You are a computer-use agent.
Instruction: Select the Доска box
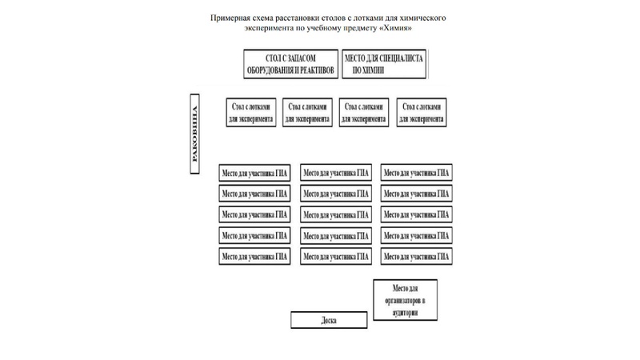[329, 320]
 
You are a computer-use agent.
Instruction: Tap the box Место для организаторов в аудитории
[406, 301]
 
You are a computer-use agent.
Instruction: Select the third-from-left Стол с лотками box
[364, 112]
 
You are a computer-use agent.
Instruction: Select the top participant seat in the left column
[254, 172]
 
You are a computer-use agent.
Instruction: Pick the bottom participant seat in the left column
[254, 256]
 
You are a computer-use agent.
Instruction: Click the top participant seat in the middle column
[336, 172]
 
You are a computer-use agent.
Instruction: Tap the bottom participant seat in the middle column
[336, 256]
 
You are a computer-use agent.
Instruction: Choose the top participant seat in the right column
[417, 172]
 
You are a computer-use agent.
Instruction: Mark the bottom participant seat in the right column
[417, 256]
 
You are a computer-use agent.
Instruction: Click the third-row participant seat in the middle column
[336, 214]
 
